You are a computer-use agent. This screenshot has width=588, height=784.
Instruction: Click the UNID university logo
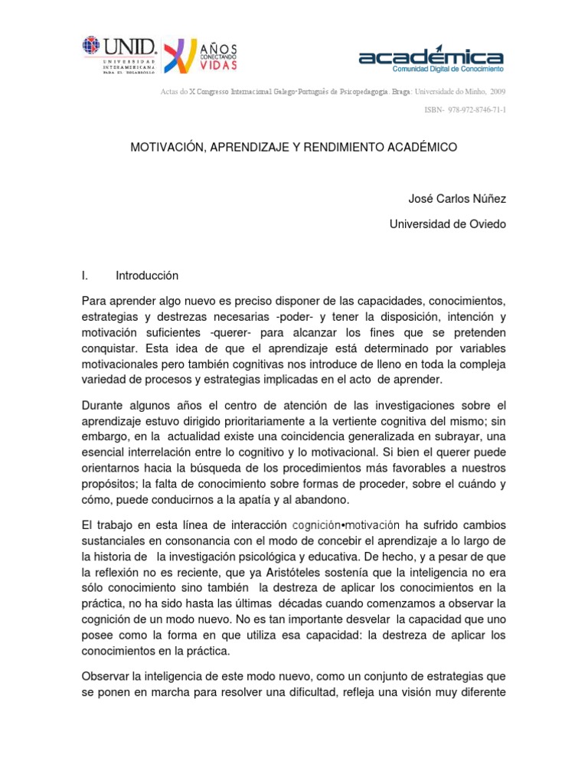(119, 54)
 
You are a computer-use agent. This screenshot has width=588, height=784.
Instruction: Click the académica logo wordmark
(431, 57)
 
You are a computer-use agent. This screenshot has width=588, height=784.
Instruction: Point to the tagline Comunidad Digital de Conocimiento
(447, 69)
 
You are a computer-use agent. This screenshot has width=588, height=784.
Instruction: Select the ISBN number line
(465, 110)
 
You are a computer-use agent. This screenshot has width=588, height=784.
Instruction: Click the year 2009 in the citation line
(498, 91)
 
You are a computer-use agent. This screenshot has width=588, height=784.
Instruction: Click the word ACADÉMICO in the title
(422, 147)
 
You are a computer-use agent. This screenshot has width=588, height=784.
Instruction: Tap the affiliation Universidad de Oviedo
(448, 224)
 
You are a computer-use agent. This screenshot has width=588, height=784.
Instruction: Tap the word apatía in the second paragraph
(256, 499)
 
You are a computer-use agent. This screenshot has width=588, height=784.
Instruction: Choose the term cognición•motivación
(346, 525)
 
